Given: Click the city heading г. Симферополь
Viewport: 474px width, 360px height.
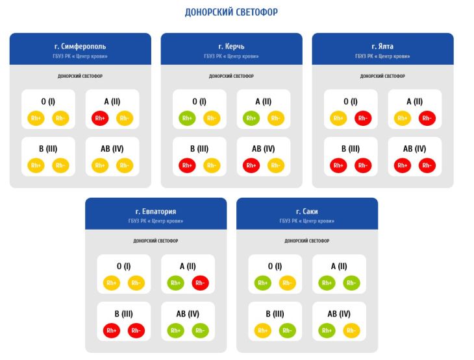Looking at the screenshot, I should click(x=81, y=47).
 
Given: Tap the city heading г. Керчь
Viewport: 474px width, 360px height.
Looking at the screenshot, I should click(x=232, y=47).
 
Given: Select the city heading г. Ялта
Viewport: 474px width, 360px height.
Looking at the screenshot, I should click(x=382, y=47).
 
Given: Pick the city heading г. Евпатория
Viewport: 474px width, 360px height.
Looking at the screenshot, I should click(x=156, y=211).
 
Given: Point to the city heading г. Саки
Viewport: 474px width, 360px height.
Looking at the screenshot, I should click(x=307, y=211).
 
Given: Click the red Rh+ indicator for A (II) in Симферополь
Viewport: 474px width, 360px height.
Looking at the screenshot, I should click(x=99, y=118).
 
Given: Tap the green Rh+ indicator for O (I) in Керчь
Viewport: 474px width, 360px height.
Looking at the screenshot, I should click(x=186, y=118).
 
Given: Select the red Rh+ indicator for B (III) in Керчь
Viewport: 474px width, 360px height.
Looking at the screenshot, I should click(x=186, y=165).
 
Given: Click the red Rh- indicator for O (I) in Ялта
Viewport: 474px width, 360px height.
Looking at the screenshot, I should click(x=363, y=118).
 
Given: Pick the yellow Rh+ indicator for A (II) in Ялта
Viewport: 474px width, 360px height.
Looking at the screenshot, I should click(x=402, y=118).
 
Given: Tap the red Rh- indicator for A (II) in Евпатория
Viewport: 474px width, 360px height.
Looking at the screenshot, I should click(x=201, y=283).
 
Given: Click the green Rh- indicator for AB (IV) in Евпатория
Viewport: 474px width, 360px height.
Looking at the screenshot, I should click(x=201, y=330).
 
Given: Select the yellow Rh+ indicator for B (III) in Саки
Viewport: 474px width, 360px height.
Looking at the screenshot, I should click(x=262, y=330).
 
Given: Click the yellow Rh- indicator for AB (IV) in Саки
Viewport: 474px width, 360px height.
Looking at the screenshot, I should click(x=351, y=330).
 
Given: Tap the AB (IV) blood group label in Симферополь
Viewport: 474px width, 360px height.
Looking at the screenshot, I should click(x=112, y=149).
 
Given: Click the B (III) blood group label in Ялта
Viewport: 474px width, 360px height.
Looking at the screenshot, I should click(x=351, y=149).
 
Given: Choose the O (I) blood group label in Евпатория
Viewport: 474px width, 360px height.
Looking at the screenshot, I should click(x=124, y=266).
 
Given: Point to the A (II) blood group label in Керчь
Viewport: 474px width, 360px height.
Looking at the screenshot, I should click(x=263, y=101).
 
